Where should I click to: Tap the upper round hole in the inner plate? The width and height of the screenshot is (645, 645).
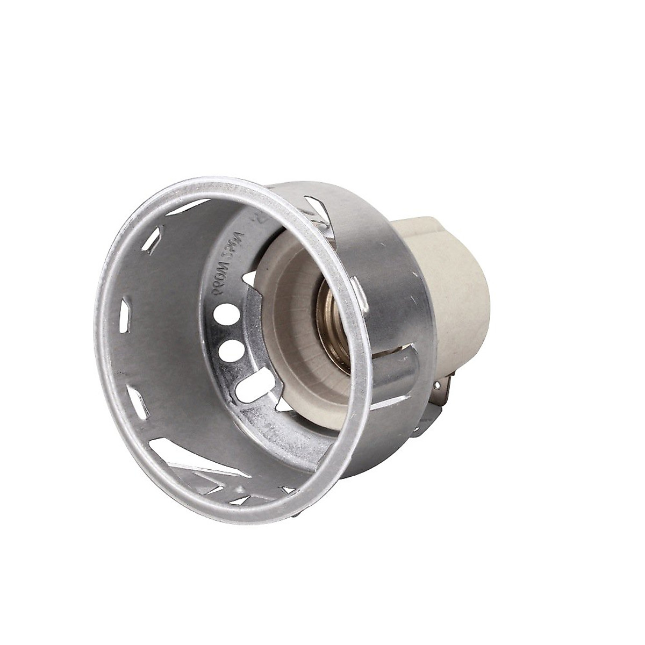point(226,313)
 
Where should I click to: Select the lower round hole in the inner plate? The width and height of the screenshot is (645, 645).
point(231,350)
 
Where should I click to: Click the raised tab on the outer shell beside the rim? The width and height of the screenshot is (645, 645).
point(359,293)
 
